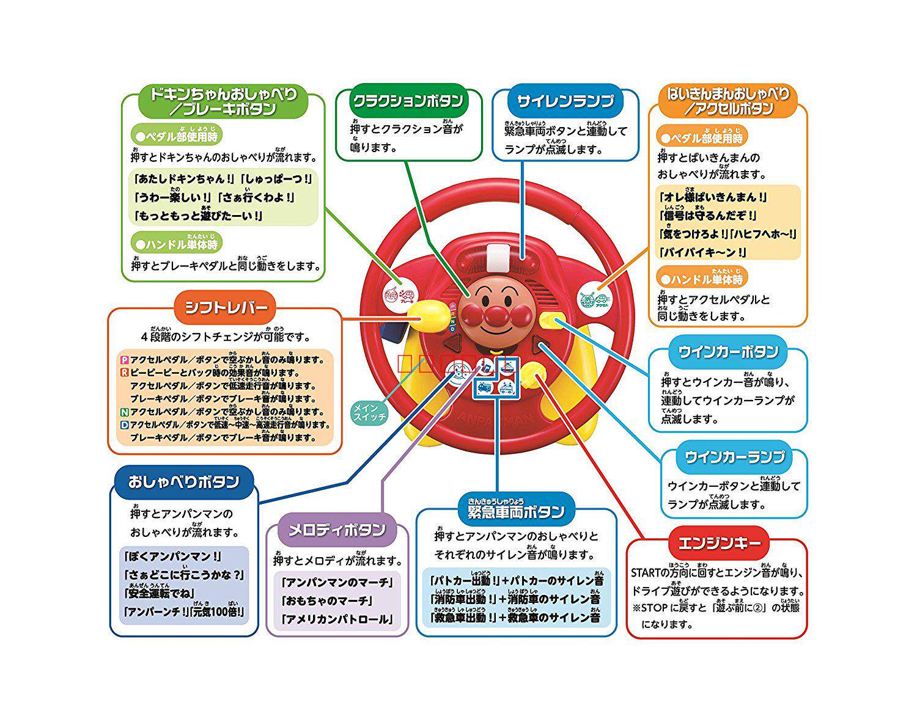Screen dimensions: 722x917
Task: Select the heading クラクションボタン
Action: [408, 100]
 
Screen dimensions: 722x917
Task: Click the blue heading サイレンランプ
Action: [565, 101]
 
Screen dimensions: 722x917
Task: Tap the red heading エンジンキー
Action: [715, 543]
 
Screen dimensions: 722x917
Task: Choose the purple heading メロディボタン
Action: [337, 529]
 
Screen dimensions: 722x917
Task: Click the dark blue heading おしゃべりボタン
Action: [184, 481]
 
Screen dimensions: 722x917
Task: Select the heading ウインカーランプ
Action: [734, 457]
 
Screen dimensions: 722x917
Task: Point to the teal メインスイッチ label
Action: [370, 412]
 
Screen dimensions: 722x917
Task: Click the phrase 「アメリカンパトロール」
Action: [335, 619]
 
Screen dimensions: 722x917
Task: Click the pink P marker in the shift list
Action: [125, 360]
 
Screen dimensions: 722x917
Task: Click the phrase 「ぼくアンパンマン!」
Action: [172, 556]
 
